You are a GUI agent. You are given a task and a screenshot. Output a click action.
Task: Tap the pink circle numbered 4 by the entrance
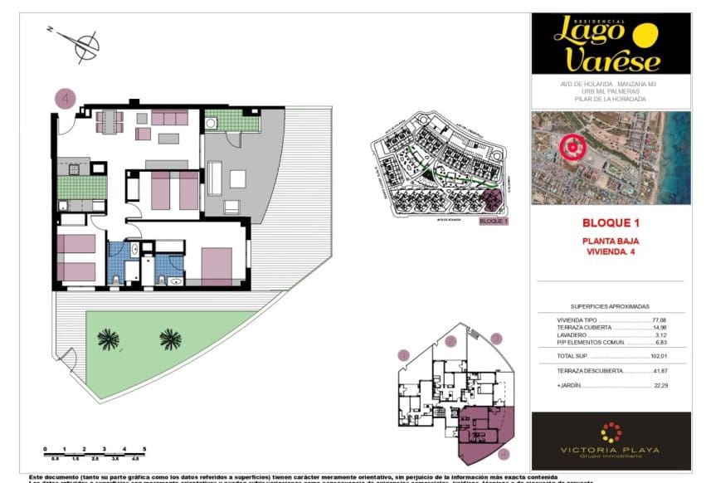point(66,98)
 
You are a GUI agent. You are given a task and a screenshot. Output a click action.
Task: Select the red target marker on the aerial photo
point(572,148)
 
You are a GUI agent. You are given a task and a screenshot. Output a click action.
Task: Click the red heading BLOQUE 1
point(611,223)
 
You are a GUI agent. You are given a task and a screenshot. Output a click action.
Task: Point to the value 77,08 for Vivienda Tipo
point(660,320)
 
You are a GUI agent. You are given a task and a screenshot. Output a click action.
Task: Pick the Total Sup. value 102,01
point(660,355)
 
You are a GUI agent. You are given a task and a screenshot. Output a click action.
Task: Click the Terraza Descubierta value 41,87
point(660,371)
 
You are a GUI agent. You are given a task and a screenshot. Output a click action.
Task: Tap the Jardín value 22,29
point(660,386)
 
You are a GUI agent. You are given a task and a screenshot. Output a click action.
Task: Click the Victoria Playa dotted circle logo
point(611,432)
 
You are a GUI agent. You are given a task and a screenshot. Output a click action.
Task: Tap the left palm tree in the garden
point(108,338)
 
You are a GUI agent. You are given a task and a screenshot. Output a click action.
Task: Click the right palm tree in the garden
point(170,338)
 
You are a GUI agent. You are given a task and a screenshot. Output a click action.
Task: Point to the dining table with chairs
point(109,122)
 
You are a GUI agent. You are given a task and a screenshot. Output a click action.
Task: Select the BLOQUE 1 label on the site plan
point(494,222)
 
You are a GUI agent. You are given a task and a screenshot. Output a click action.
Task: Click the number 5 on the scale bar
point(145,449)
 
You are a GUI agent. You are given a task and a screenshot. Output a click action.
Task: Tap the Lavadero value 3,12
point(661,334)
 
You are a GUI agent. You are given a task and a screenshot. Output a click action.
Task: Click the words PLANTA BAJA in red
point(611,241)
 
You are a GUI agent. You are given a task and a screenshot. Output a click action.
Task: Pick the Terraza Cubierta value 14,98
point(660,327)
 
